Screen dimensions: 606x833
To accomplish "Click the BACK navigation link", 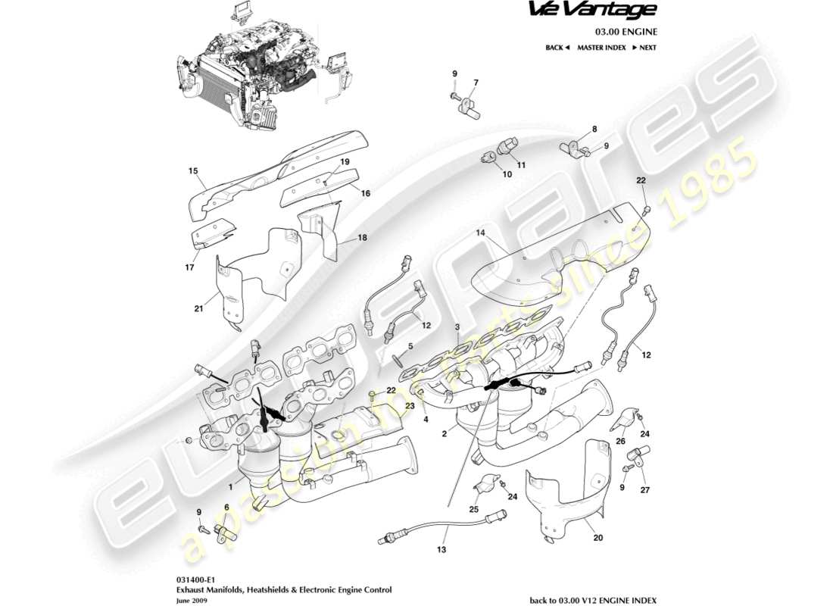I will (x=557, y=48).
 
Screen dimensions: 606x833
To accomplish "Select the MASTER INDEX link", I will (x=601, y=48).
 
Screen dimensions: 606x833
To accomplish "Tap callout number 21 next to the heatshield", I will (x=198, y=308).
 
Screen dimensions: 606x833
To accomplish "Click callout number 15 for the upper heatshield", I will (x=192, y=171).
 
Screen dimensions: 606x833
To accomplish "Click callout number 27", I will (x=645, y=489).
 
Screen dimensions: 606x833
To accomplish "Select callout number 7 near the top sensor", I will (x=476, y=83).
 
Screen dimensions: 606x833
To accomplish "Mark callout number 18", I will (x=362, y=238).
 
